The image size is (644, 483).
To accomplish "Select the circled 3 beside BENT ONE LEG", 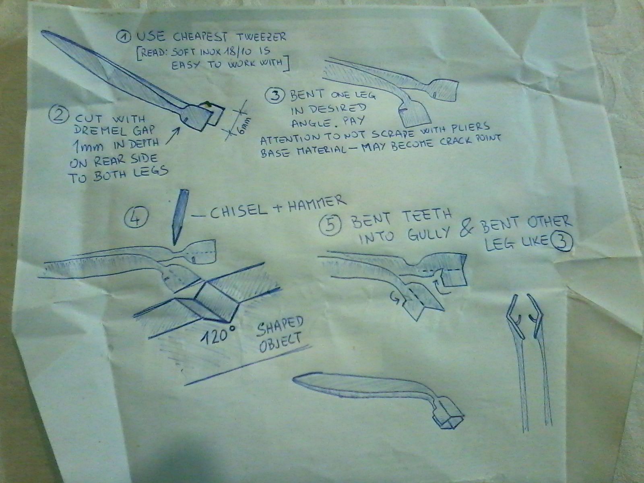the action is click(x=275, y=96).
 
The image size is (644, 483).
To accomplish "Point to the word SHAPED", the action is click(x=280, y=326).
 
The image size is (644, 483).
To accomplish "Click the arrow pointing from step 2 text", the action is click(x=173, y=136).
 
